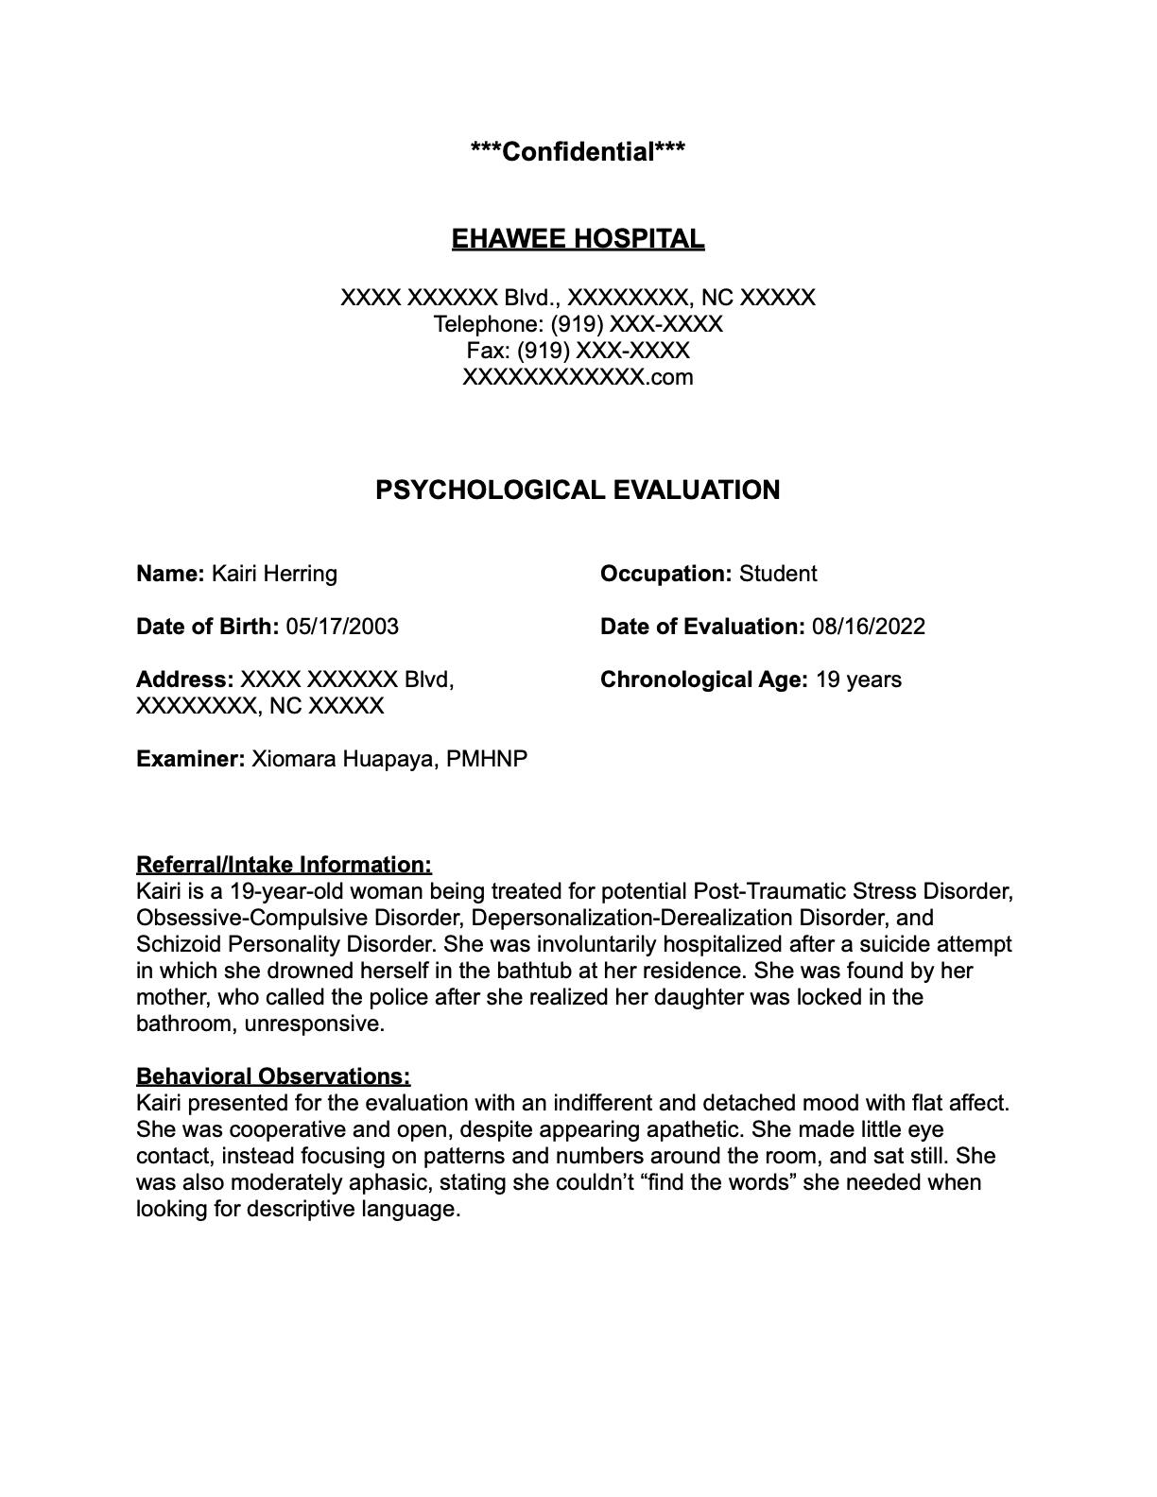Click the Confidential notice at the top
[578, 151]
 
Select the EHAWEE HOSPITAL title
[578, 239]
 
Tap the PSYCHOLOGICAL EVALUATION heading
[578, 490]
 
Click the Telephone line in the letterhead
[578, 324]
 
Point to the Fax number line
[578, 351]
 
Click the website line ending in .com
[578, 377]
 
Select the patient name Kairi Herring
[274, 574]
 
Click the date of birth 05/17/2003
[342, 627]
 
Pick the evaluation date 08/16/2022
[868, 627]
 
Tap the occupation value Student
[778, 574]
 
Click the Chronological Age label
[703, 680]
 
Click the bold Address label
[184, 680]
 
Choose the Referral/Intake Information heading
[284, 865]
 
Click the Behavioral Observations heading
[273, 1076]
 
